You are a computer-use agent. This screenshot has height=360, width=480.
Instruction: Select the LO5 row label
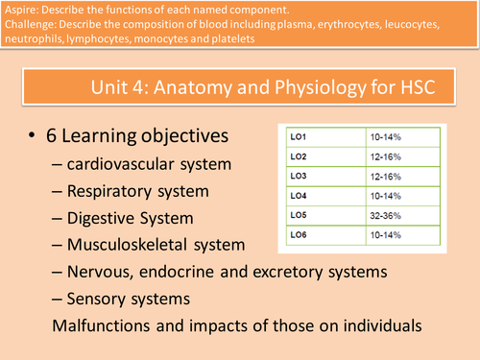[300, 215]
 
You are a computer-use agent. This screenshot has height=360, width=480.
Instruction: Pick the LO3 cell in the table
[300, 176]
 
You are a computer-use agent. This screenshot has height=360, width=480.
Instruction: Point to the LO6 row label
[300, 234]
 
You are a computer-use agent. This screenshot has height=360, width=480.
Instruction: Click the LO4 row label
[300, 195]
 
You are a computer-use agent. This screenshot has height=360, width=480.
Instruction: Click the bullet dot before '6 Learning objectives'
[36, 135]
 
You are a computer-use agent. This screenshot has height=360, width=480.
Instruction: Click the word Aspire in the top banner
[24, 10]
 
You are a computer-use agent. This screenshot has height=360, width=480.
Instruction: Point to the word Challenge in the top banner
[33, 25]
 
